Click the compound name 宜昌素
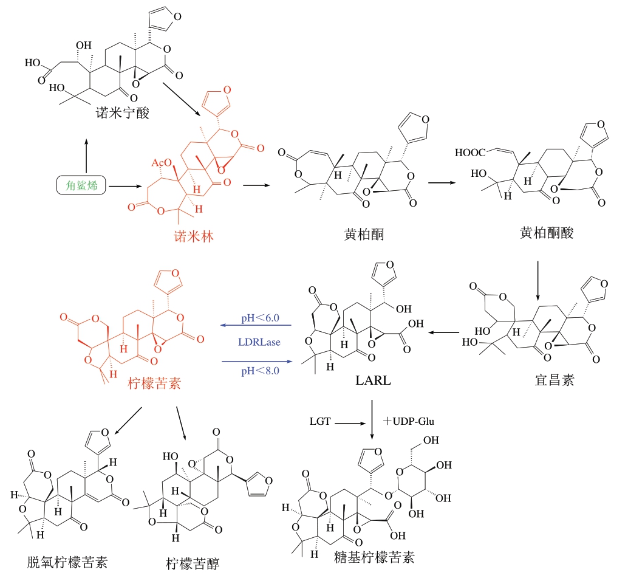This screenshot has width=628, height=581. [551, 381]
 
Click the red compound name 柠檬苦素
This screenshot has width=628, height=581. [151, 382]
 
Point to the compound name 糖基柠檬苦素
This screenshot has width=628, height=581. [375, 557]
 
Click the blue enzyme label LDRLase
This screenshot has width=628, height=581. [258, 343]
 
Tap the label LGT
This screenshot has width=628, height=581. [319, 421]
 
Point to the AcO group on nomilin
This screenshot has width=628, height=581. [161, 163]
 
